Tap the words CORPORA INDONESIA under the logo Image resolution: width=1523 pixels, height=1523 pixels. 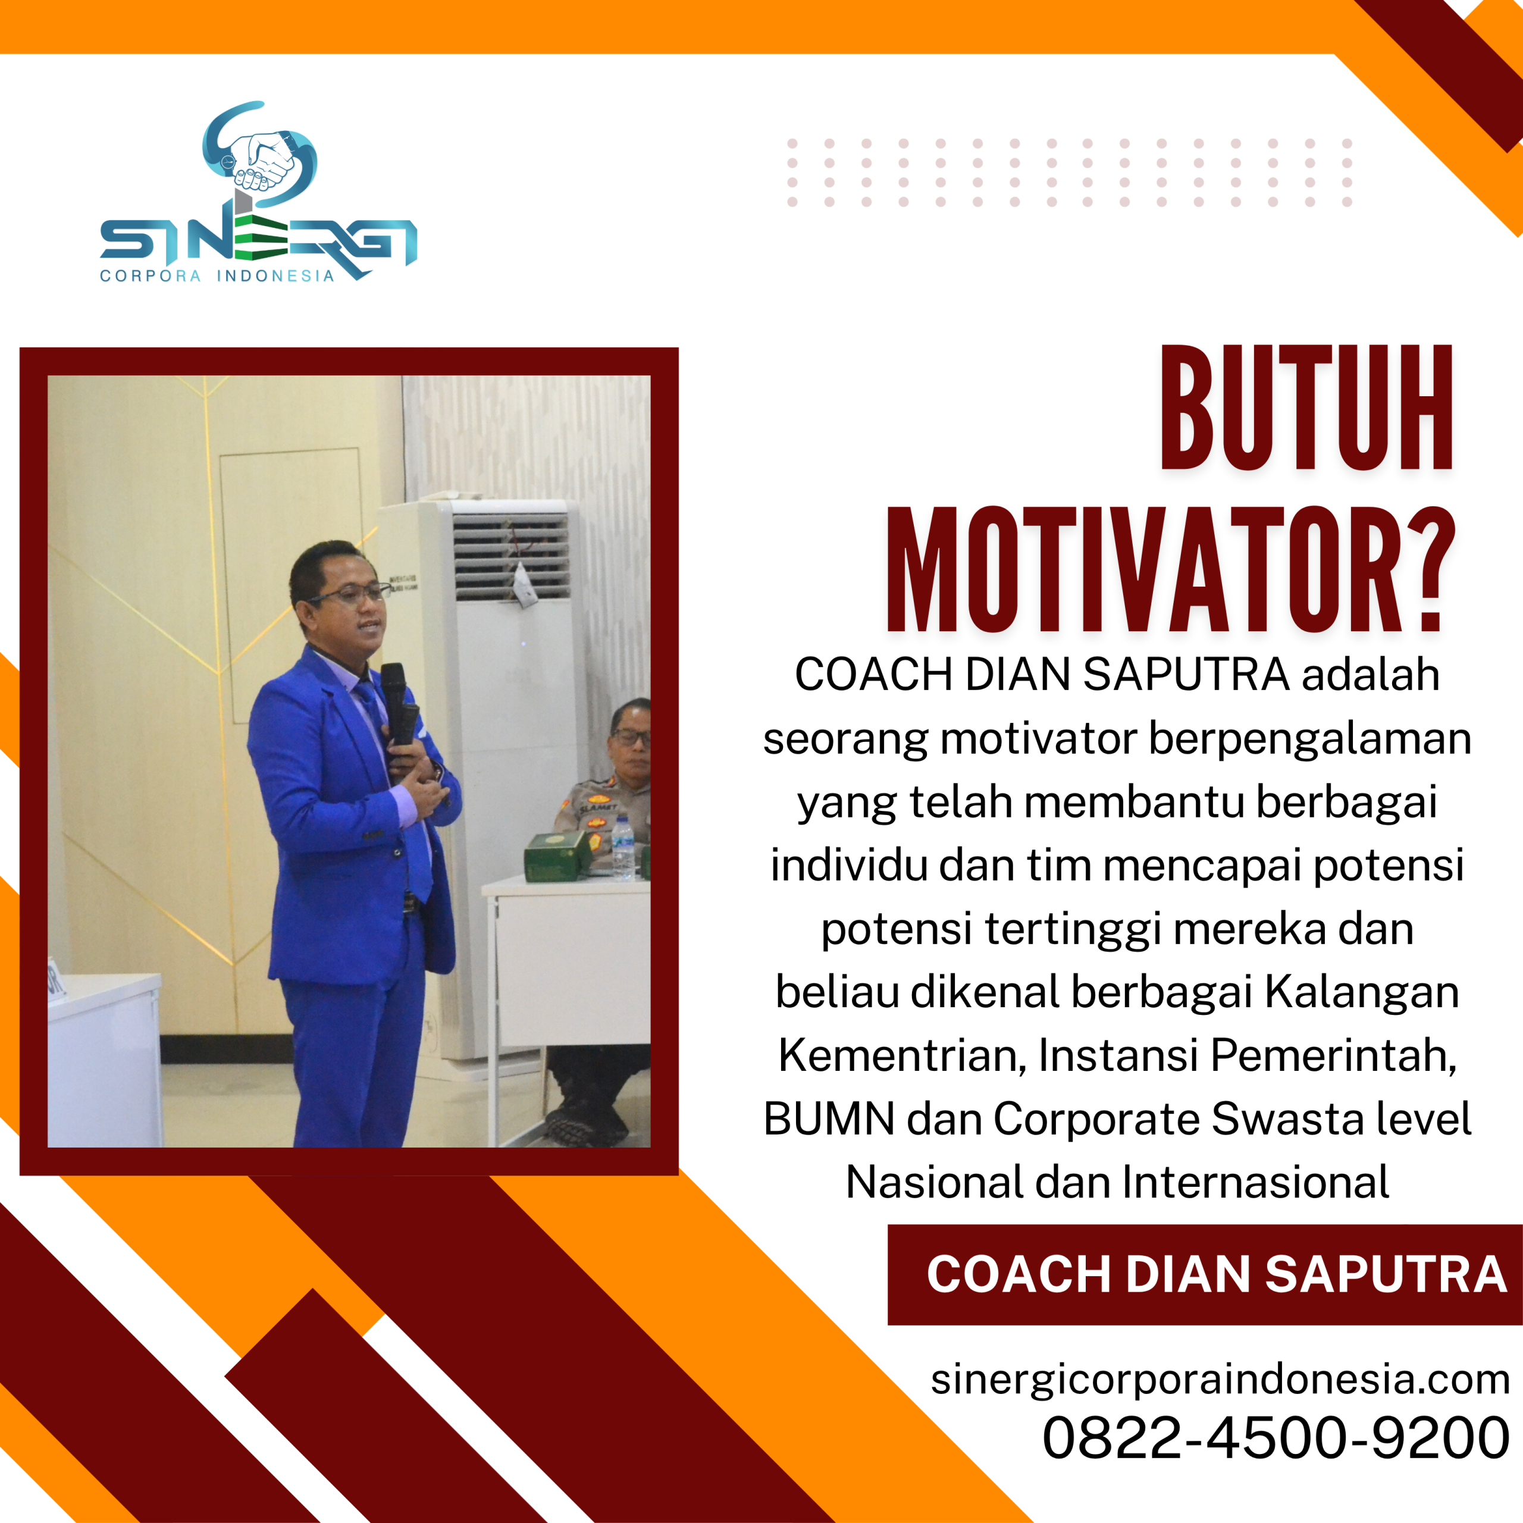pyautogui.click(x=217, y=276)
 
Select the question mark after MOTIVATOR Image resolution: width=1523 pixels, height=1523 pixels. pyautogui.click(x=1428, y=570)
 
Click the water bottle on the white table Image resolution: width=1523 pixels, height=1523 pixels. pyautogui.click(x=623, y=849)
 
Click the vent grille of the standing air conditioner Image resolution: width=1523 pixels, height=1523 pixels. pyautogui.click(x=511, y=556)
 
